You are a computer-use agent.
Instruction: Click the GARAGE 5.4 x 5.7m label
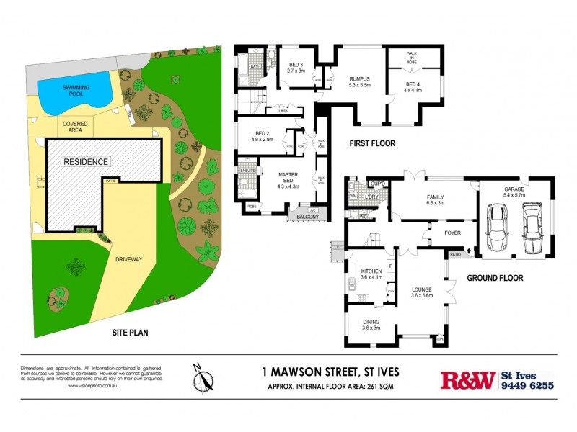point(514,192)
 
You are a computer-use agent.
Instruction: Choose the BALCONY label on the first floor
point(306,216)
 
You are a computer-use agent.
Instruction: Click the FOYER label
point(452,233)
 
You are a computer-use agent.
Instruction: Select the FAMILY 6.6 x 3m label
point(434,199)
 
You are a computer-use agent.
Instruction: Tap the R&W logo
point(467,379)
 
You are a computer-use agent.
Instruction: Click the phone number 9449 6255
point(527,386)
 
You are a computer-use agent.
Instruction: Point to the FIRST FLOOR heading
point(372,143)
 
